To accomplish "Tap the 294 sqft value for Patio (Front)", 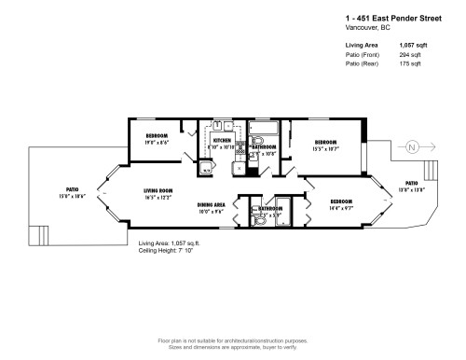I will tap(411, 55).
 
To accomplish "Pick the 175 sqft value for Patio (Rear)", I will tap(411, 64).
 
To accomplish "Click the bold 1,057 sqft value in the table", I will tap(414, 45).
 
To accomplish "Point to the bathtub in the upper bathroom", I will tap(264, 130).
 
